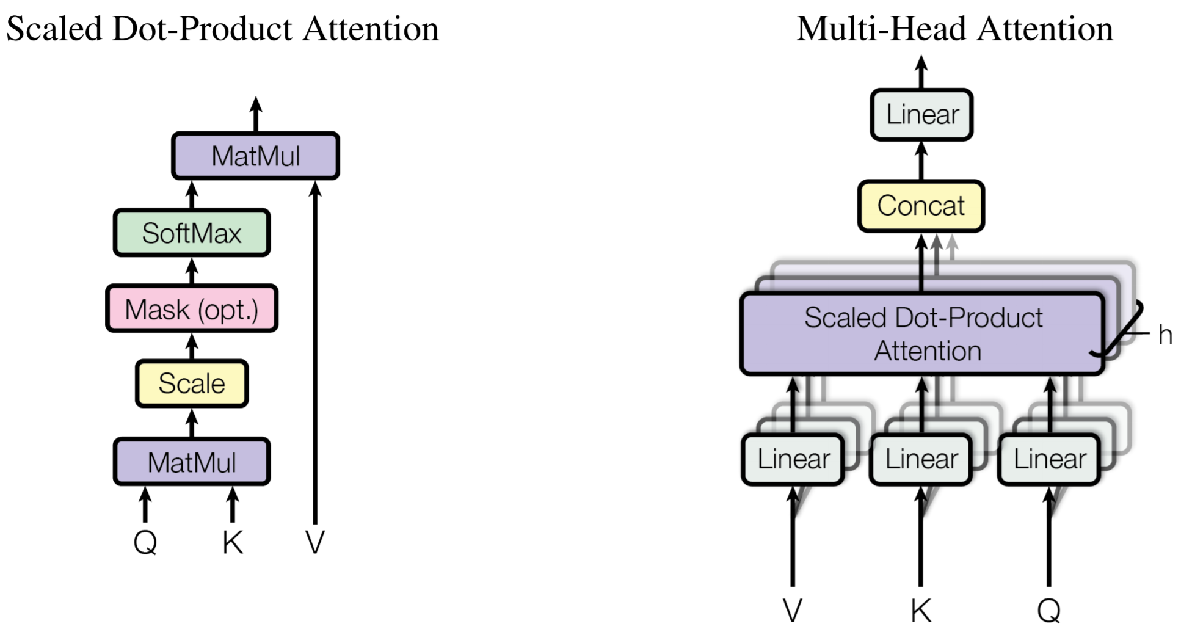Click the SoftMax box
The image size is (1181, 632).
[x=191, y=233]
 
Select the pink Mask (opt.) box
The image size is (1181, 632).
[x=191, y=309]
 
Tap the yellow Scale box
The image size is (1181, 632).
[x=191, y=383]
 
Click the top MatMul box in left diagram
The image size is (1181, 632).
[x=255, y=156]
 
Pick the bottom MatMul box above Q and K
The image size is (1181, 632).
[x=191, y=462]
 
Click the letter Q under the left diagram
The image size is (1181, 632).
[x=145, y=542]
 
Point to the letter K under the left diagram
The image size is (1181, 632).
[x=233, y=542]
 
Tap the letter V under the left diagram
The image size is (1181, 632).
[x=315, y=542]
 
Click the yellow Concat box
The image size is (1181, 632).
[x=921, y=206]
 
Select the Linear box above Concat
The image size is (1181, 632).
[x=921, y=114]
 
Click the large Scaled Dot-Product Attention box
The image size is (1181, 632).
[x=922, y=334]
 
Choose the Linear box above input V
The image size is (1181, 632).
[x=793, y=459]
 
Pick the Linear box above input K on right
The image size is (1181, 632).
[x=921, y=459]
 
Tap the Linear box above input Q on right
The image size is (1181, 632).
[x=1049, y=459]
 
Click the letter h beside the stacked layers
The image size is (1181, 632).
[x=1165, y=335]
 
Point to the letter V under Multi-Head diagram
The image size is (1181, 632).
[x=793, y=610]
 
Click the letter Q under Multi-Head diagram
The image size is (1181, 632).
[x=1049, y=610]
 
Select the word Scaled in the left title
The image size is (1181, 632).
[x=54, y=29]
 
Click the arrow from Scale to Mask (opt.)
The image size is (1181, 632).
[x=192, y=346]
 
